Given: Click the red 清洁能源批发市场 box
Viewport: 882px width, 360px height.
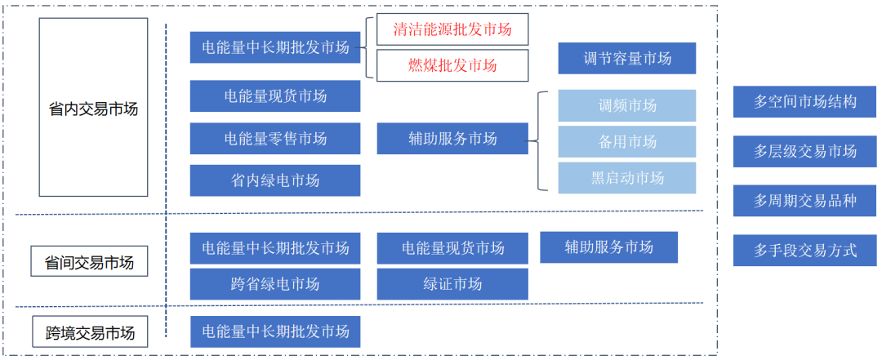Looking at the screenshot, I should (452, 30).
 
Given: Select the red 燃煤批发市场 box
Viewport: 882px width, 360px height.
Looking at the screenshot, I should (452, 64).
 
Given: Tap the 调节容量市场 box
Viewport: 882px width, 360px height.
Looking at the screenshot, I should (626, 59).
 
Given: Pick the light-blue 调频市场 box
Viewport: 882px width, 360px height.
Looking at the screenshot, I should (626, 105).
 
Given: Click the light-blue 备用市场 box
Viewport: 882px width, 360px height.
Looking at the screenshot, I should (626, 141).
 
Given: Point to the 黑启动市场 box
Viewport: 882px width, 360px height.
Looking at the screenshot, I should (626, 177).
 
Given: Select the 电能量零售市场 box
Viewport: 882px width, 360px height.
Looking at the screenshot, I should (275, 139).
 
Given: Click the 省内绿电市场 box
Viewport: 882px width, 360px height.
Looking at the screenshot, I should (275, 180).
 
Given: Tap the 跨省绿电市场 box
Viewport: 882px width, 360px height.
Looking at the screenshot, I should (275, 284).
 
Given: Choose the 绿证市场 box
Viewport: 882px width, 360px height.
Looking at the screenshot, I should (452, 284).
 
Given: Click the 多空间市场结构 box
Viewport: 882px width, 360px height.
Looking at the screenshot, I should (804, 102).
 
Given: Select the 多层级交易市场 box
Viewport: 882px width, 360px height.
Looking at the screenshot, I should (804, 151).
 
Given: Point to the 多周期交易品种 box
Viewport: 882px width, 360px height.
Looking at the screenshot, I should (804, 200).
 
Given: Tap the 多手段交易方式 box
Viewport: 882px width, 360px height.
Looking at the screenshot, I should (804, 250).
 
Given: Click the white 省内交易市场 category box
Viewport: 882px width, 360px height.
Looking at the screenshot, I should (93, 108).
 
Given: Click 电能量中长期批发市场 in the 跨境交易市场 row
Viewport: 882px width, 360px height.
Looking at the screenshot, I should (275, 331).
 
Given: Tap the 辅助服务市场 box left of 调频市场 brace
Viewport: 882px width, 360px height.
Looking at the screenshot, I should (452, 139).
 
